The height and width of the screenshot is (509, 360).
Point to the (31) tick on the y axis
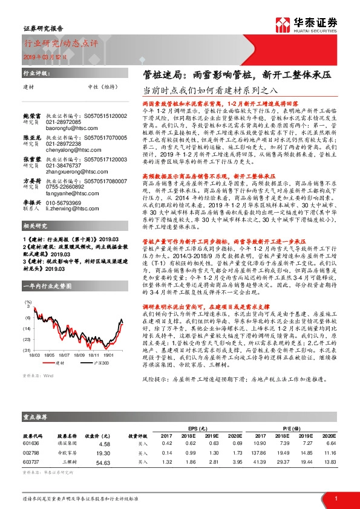(27, 350)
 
